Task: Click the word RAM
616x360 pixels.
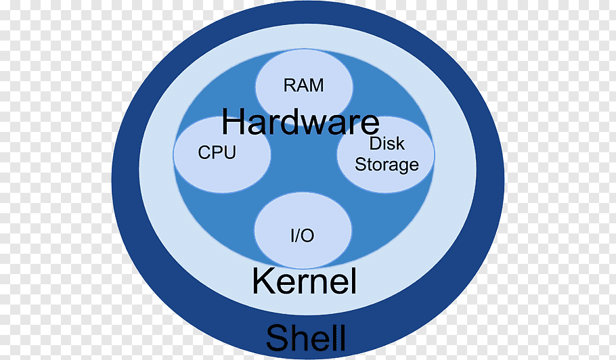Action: coord(303,86)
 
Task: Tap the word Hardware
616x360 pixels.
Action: coord(301,122)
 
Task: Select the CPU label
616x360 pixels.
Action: coord(217,153)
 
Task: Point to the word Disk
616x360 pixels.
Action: coord(387,143)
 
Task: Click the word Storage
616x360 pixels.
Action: coord(387,164)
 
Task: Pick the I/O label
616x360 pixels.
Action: coord(302,236)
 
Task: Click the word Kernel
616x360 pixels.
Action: coord(304,282)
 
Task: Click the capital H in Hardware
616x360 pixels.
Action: coord(234,122)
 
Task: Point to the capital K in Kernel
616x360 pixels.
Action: coord(262,281)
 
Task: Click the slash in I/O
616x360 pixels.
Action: coord(301,236)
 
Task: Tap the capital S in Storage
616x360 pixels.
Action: coord(361,164)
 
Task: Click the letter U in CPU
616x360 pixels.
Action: coord(229,153)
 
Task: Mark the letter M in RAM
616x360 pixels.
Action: coord(315,86)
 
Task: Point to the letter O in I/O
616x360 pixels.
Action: coord(308,236)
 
